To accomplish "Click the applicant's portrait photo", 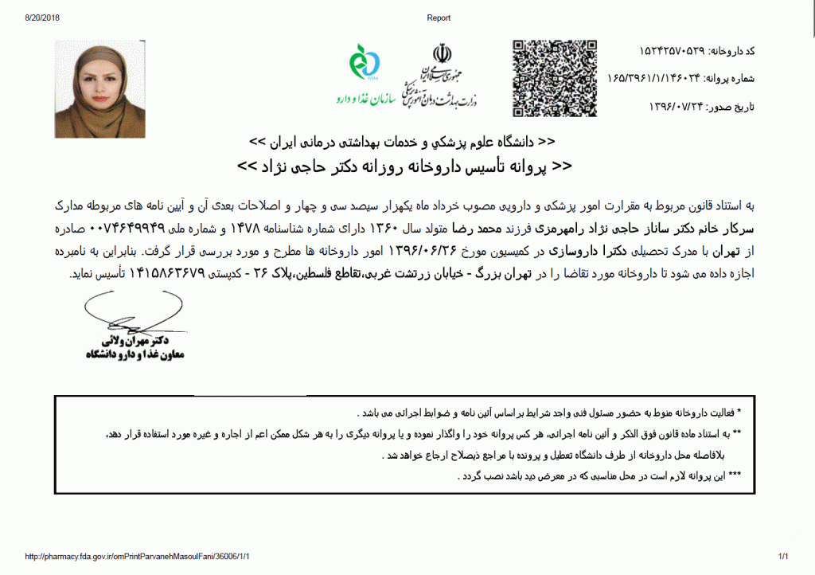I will tap(99, 88).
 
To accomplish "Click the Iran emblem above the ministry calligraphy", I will tap(441, 53).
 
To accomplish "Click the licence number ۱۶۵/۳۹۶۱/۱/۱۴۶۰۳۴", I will tap(657, 78).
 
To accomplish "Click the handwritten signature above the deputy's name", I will tap(127, 314).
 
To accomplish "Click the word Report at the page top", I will tap(439, 18).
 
